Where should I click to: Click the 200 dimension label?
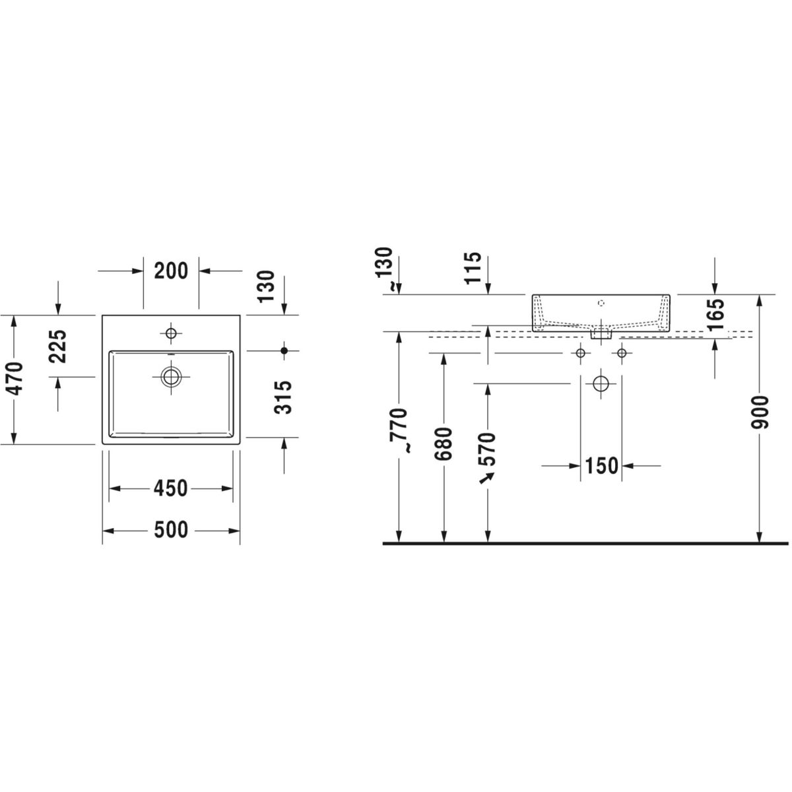point(171,271)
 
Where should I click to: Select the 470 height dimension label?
point(16,379)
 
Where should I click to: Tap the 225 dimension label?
point(57,346)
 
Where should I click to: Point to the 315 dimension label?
point(282,397)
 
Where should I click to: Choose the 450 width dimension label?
point(170,488)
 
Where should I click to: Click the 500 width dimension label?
point(171,530)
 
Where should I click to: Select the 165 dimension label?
point(715,315)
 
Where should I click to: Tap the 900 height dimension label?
point(759,412)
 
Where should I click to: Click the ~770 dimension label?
point(399,430)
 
